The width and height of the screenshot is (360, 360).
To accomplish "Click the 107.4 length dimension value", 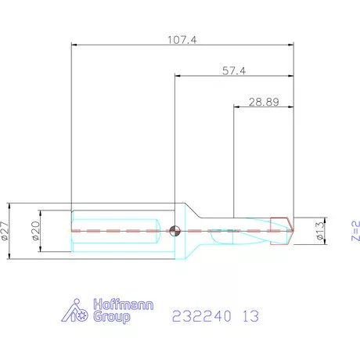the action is (182, 40).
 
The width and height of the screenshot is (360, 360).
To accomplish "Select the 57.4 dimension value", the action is (234, 70).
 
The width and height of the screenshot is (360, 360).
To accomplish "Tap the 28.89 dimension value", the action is (264, 102).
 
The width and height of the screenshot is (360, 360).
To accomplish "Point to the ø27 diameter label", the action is (5, 231).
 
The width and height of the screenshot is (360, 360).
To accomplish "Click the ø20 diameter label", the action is (35, 231).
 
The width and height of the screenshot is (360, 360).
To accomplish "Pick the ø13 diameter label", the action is (320, 231).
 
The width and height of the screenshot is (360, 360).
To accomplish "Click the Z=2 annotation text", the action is (355, 231).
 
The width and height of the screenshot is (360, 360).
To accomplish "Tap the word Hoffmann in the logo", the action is (124, 304).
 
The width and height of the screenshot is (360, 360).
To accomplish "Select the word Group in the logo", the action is (112, 317).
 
